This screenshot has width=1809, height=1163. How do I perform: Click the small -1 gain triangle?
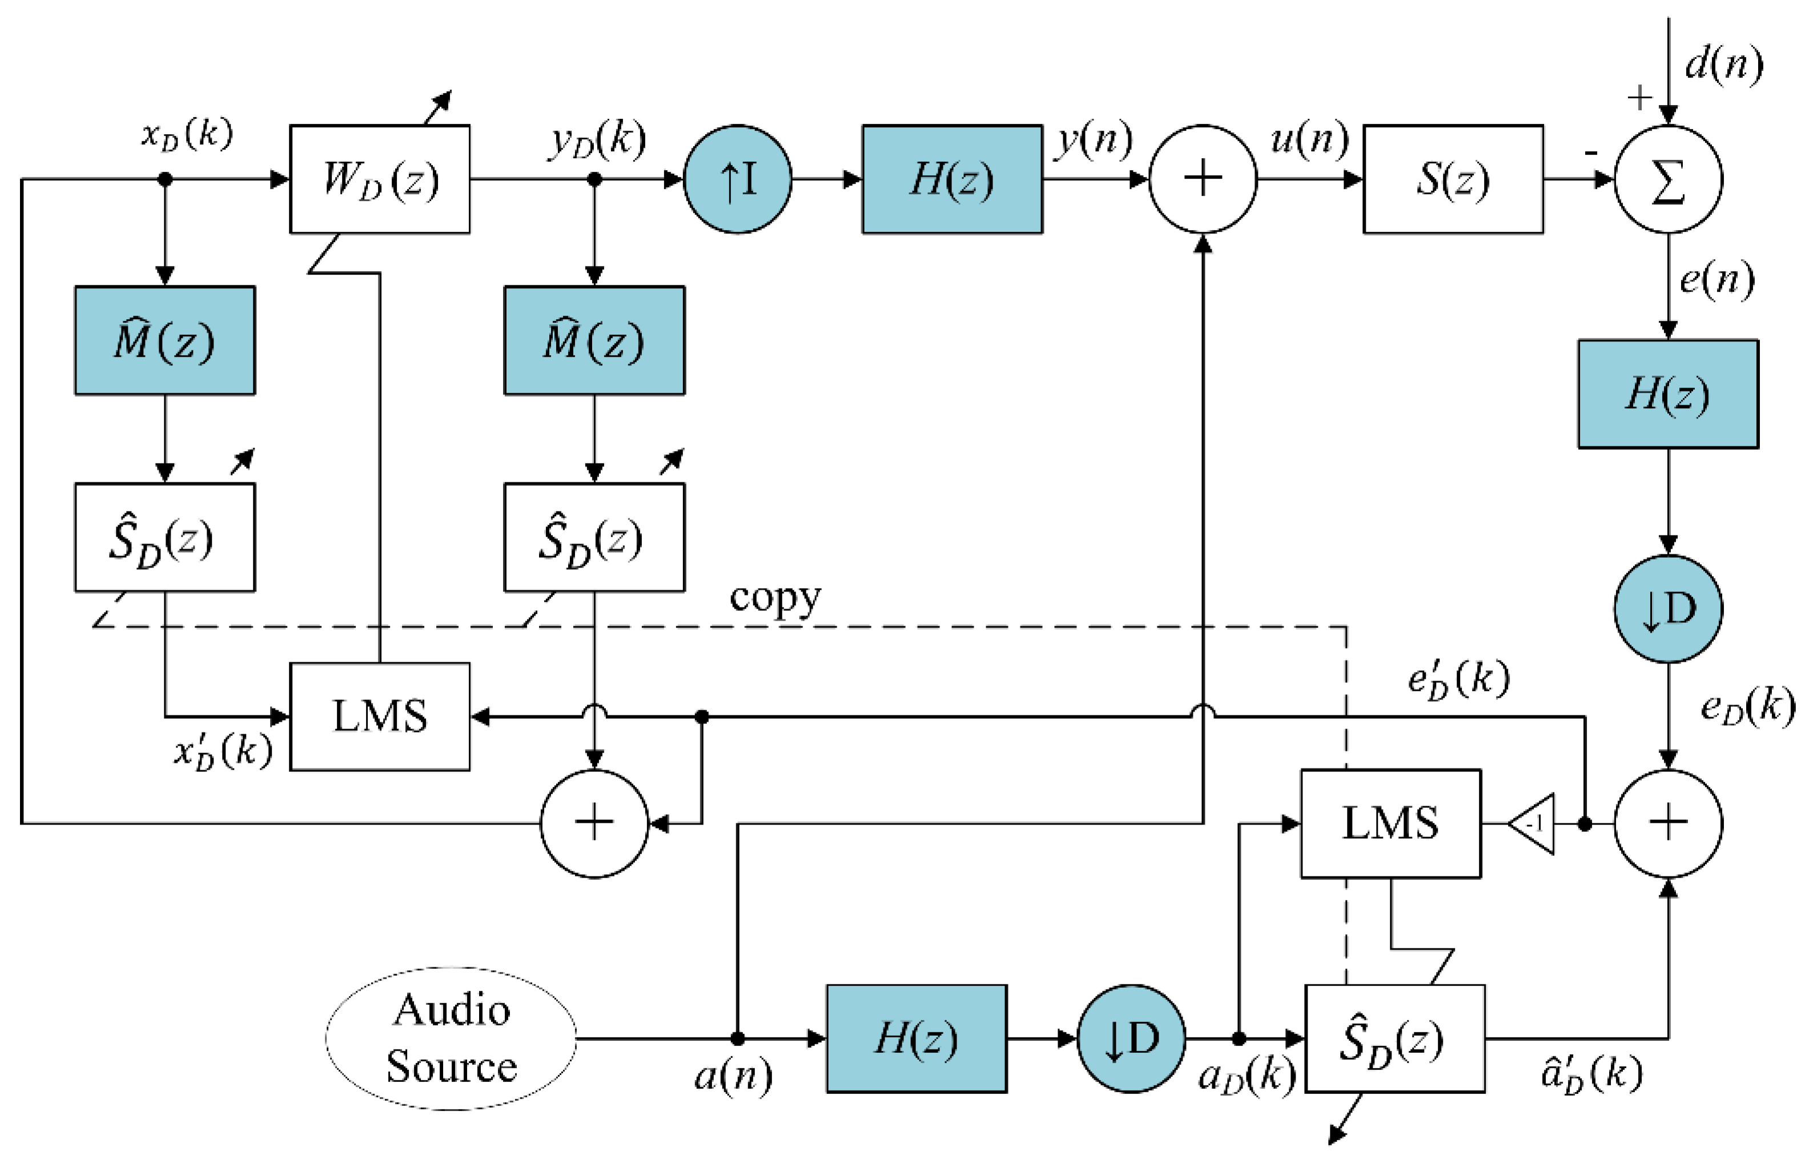click(1533, 823)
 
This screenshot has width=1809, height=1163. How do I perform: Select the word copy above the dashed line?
click(774, 598)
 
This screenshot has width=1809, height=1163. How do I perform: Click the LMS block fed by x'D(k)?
click(379, 716)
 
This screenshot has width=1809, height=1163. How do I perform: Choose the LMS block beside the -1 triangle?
click(1390, 823)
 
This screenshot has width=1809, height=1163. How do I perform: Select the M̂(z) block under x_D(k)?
click(164, 340)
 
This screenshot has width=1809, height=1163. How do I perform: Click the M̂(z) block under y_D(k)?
click(594, 340)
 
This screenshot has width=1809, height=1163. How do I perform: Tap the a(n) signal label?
click(733, 1076)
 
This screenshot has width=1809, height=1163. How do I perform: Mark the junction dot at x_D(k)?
click(164, 179)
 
